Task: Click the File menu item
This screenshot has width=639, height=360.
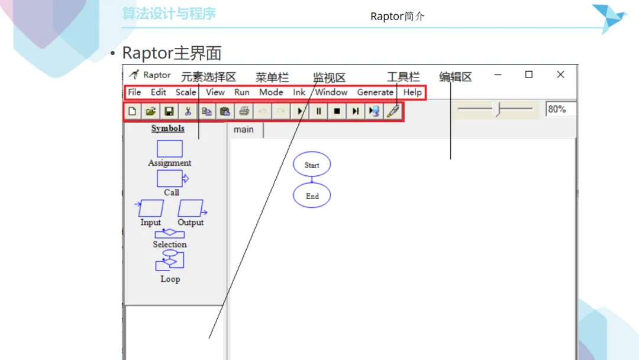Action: coord(134,92)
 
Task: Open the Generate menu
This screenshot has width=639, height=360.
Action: coord(375,92)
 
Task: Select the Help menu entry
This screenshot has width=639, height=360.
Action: coord(412,92)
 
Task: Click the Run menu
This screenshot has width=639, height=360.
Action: coord(241,92)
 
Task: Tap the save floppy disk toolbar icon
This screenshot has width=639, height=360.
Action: coord(169,111)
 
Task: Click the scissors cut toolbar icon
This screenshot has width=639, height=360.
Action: coord(188,111)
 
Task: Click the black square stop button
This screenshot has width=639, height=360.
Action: coord(337,111)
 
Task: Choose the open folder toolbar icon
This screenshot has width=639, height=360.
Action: coord(150,111)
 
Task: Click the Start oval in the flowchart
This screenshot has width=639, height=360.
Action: coord(312,164)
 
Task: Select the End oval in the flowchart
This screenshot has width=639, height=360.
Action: coord(312,195)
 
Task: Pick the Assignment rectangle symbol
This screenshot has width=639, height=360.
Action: coord(170,149)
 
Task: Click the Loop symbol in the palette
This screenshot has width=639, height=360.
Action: coord(170,260)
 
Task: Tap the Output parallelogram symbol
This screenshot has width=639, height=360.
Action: coord(192,208)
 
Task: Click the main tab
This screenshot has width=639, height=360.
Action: coord(244,130)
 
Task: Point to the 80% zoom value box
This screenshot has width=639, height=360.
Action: coord(561,110)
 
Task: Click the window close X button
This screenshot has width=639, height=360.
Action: coord(561,75)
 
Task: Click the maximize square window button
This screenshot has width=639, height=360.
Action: coord(529,74)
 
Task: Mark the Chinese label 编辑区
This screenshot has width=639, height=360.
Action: coord(455,77)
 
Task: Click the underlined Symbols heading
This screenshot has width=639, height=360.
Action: coord(168,128)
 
